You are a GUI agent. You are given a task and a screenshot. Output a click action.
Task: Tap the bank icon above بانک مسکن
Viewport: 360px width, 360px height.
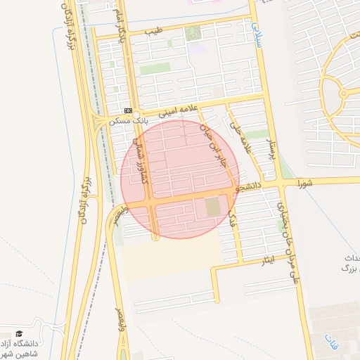(128, 110)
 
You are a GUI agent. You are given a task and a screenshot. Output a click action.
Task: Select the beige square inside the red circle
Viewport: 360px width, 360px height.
(212, 207)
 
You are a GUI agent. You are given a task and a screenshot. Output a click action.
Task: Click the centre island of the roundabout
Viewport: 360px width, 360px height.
(344, 93)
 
